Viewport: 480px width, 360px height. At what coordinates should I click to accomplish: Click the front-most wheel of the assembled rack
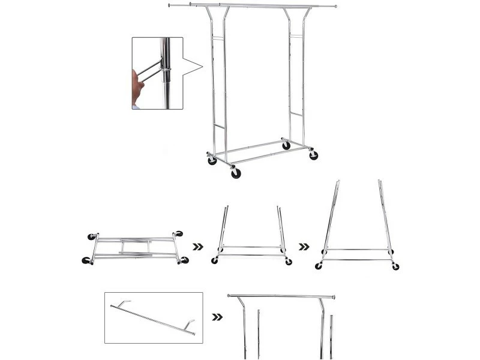[x=236, y=173]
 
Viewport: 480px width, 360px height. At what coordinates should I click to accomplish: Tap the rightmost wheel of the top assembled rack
[x=313, y=155]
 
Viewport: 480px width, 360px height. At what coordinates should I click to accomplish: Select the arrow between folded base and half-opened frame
[x=197, y=246]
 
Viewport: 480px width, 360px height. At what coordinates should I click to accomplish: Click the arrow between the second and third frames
[x=304, y=246]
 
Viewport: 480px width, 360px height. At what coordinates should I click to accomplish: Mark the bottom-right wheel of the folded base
[x=184, y=260]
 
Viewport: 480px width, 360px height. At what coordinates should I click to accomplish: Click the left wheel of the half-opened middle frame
[x=215, y=260]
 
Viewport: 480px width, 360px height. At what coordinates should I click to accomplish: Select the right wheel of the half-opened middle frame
[x=289, y=261]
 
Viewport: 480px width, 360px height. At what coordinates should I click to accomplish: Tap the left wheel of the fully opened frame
[x=319, y=266]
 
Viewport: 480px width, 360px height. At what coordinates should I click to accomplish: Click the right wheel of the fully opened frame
[x=396, y=266]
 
